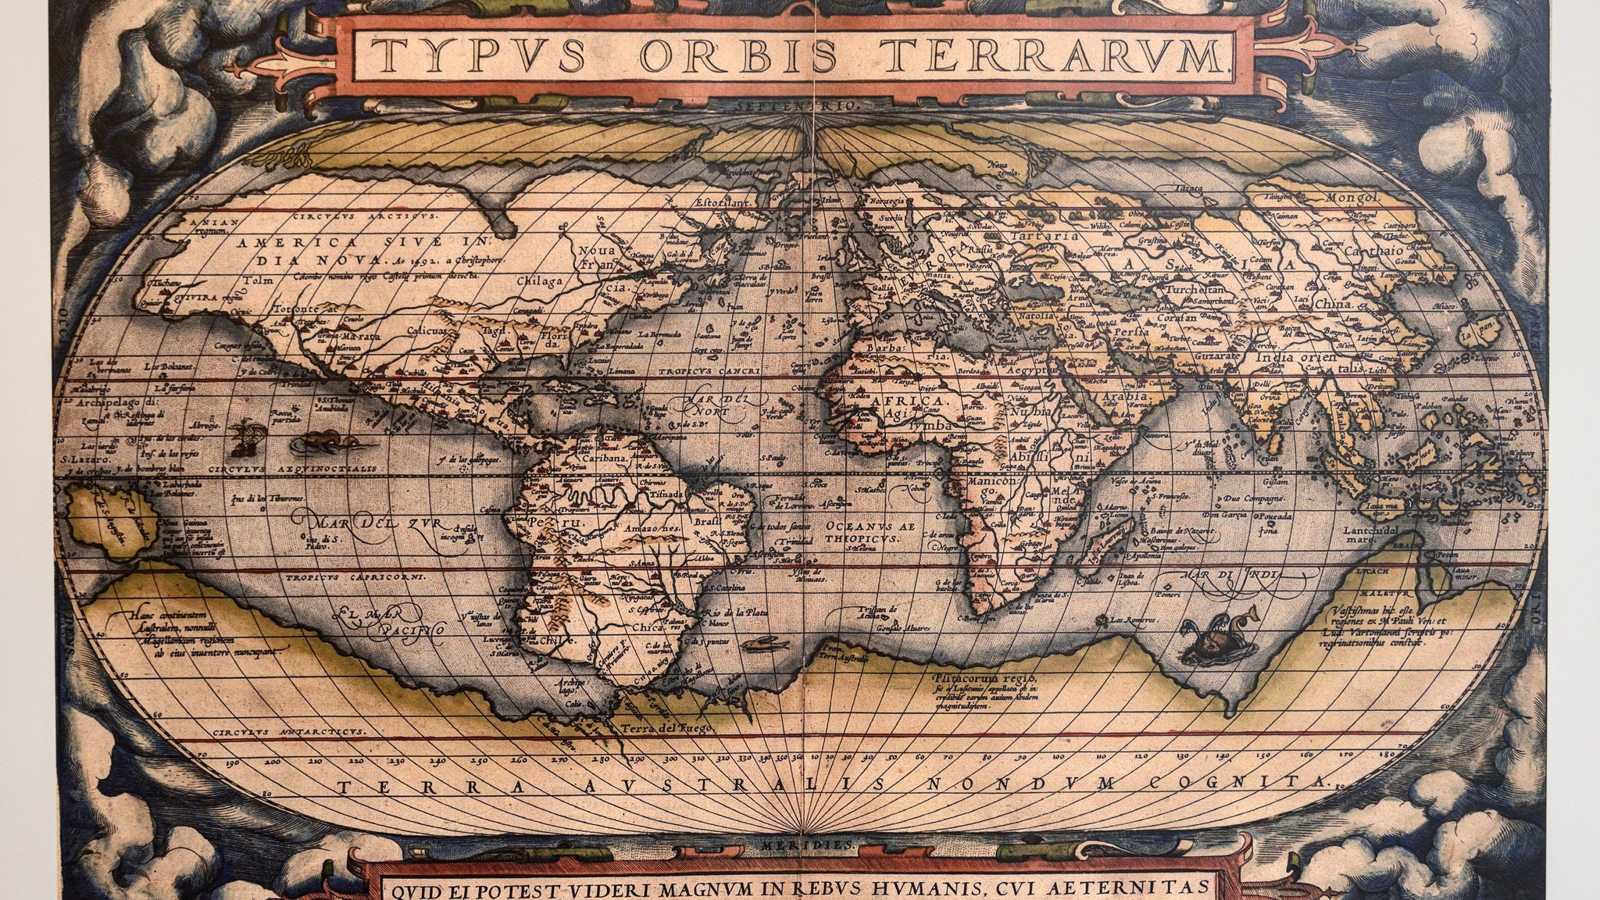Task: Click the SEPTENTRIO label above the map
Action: [x=799, y=103]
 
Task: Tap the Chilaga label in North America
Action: [x=540, y=281]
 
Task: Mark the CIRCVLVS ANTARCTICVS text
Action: [x=287, y=733]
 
